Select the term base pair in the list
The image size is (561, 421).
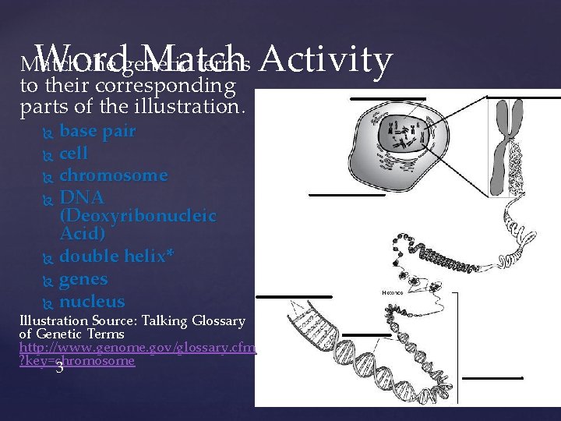pos(97,131)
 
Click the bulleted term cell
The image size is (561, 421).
pos(73,154)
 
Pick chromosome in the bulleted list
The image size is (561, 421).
pos(113,175)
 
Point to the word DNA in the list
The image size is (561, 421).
pos(82,198)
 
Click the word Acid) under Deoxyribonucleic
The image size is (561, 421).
pos(83,233)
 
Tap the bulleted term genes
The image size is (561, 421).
pos(83,279)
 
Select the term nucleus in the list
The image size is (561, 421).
pos(92,302)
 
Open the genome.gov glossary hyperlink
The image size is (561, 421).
pos(137,348)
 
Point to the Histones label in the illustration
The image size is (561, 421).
pos(393,292)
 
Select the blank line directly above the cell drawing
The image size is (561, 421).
pos(387,99)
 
